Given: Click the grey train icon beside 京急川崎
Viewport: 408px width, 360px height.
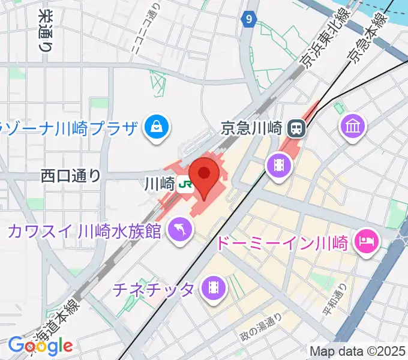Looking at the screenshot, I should (x=296, y=127).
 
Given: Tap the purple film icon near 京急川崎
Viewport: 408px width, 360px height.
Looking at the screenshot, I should (x=278, y=163).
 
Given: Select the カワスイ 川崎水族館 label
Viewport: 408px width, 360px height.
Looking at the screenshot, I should (x=84, y=230).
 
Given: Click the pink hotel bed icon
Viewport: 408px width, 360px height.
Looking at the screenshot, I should (x=367, y=241).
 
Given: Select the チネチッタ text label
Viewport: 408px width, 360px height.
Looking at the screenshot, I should (x=154, y=290).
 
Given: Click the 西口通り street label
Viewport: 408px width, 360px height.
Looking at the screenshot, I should (x=71, y=176).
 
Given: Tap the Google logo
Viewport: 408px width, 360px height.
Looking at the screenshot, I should (x=40, y=345).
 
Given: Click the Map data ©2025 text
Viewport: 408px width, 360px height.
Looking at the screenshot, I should (x=358, y=350).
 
